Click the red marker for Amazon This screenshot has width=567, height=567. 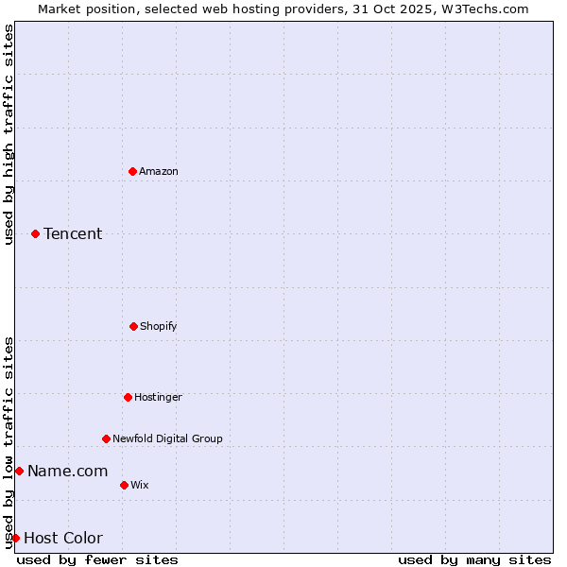coord(132,171)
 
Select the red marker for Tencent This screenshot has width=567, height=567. coord(35,233)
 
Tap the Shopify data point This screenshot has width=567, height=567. coord(133,326)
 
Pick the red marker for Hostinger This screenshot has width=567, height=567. coord(128,397)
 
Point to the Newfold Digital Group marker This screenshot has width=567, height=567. coord(106,438)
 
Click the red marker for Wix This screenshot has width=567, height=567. coord(124,485)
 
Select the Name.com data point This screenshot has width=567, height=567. coord(19,471)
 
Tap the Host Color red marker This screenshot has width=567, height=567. coord(15,538)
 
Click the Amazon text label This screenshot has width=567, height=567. coord(159,171)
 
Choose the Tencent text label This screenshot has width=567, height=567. coord(73,233)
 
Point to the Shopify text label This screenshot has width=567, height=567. coord(159,326)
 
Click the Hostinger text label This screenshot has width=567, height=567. coord(158,397)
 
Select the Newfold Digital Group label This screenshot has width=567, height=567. coord(167,438)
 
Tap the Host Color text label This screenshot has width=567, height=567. coord(63,538)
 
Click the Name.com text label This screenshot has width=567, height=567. coord(67,471)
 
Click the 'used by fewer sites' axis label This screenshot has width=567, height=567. coord(97,559)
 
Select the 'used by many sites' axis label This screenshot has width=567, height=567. coord(474,559)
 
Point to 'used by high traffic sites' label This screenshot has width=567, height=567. coord(9,134)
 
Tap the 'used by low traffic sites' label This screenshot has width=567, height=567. coord(9,442)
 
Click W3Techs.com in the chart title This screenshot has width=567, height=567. coord(481,9)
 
